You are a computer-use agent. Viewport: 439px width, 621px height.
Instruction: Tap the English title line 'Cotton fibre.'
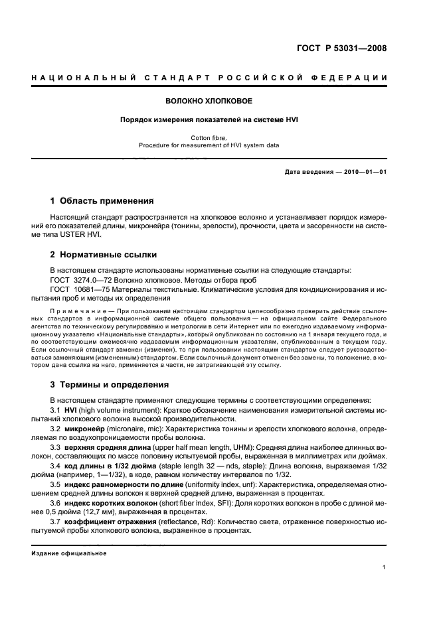tap(209, 137)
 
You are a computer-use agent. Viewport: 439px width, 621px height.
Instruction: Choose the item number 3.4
tap(56, 466)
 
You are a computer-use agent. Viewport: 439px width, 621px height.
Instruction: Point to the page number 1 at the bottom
tap(385, 567)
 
